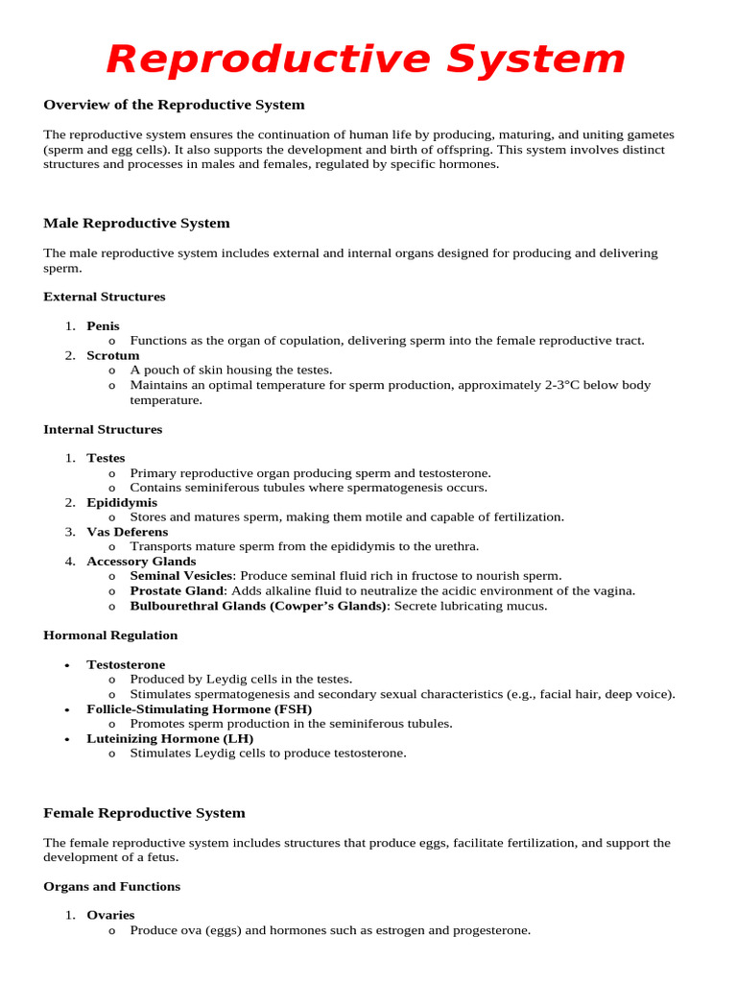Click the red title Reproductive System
point(366,60)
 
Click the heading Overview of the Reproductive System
point(174,105)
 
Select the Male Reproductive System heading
point(136,224)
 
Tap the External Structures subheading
point(104,297)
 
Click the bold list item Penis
point(103,326)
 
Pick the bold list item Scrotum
point(112,355)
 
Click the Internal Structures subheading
point(103,429)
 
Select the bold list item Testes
point(106,459)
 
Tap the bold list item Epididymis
point(122,503)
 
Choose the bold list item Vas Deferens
point(127,532)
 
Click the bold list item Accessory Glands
point(141,562)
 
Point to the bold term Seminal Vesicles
point(181,576)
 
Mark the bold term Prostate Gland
point(177,591)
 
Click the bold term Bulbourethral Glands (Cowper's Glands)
point(258,607)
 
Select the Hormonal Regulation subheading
point(110,635)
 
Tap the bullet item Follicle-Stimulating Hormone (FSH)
point(199,709)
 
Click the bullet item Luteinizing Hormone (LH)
point(170,739)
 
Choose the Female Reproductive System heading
point(144,813)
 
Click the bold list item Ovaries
point(110,916)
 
